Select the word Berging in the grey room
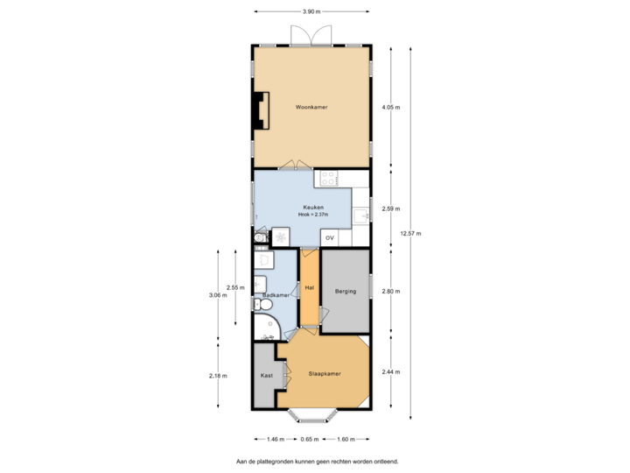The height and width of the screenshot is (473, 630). (x=346, y=291)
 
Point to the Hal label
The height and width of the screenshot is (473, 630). (x=309, y=287)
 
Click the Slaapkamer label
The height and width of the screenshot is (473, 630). (x=324, y=374)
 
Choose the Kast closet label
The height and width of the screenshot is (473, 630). (x=266, y=375)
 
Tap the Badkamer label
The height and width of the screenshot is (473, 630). (x=276, y=296)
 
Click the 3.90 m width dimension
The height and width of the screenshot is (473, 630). (x=311, y=12)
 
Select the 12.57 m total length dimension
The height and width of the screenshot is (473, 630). (x=409, y=233)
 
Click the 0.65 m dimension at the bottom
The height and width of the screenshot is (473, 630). (x=309, y=439)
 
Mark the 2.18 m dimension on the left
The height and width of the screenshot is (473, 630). (x=218, y=375)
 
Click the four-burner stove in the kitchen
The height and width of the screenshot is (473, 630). (x=329, y=179)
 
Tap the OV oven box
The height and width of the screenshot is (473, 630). (x=330, y=237)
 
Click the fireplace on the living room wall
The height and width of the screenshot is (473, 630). (x=258, y=108)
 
